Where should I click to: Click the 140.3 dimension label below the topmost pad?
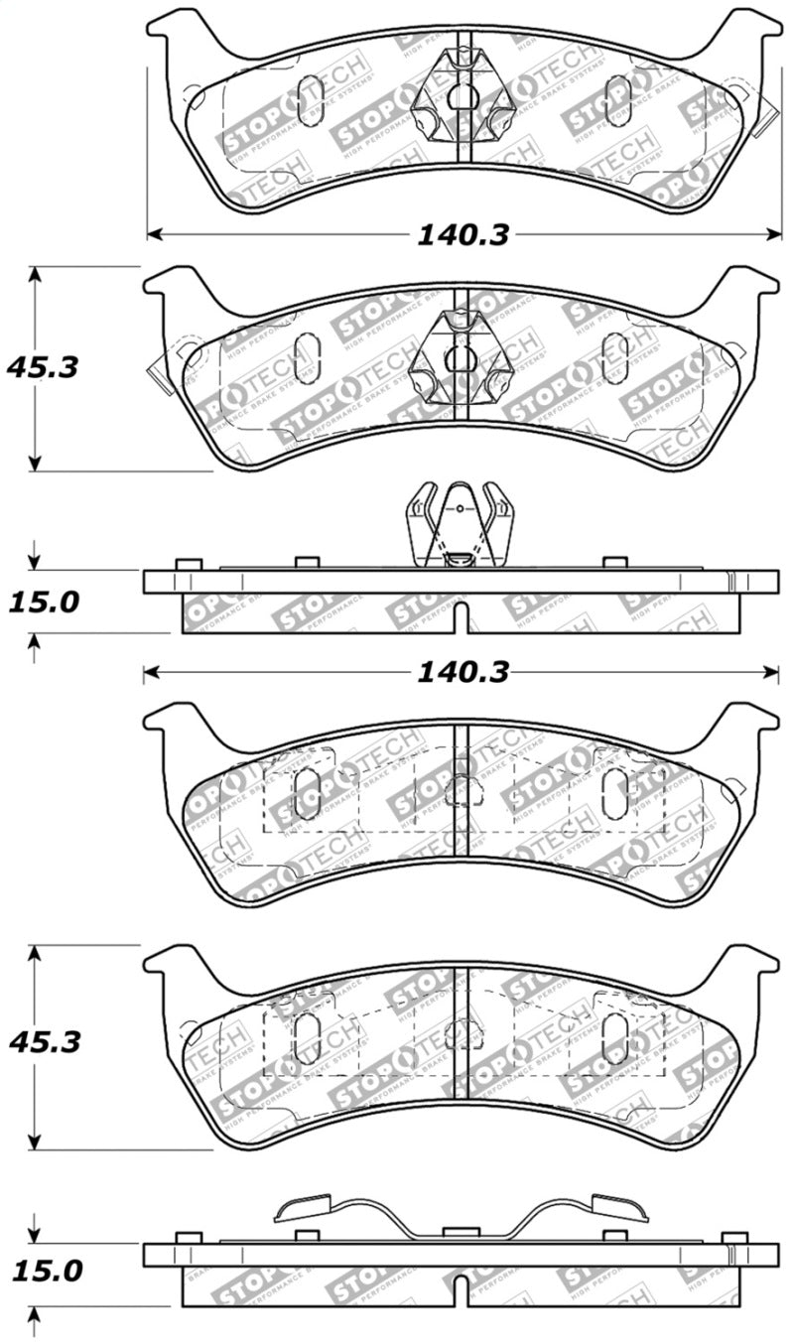point(463,235)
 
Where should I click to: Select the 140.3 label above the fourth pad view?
point(463,674)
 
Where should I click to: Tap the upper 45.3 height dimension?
point(43,367)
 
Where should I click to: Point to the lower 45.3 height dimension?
point(43,1043)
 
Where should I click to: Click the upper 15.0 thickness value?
point(43,603)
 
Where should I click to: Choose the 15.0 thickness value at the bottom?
point(43,1271)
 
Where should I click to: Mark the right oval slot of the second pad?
point(614,357)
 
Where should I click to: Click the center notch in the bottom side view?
point(461,1289)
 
